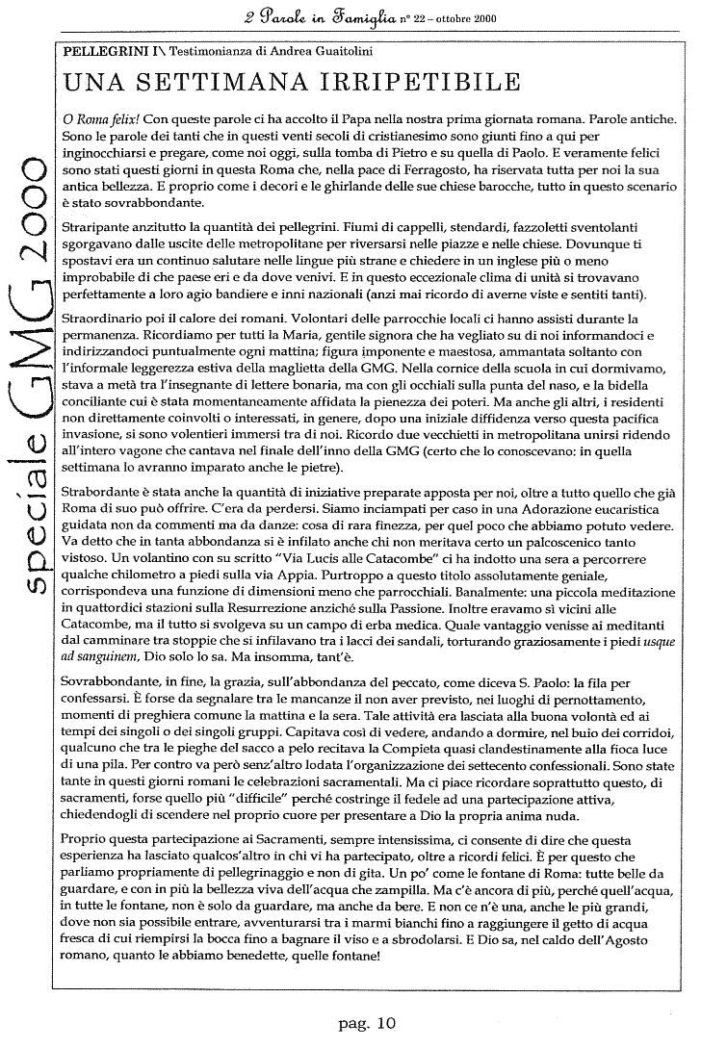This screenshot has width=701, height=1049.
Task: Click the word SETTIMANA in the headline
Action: tap(225, 84)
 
